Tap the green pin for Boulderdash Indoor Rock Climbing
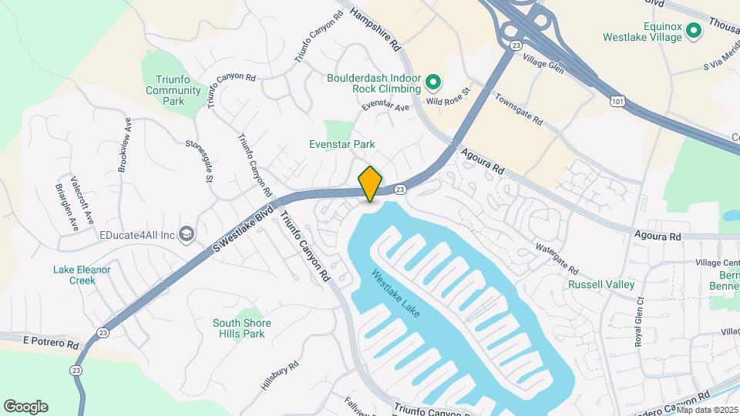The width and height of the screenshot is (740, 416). point(433,81)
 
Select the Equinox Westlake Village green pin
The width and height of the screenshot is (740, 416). point(693,31)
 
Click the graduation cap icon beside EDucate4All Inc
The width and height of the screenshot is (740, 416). point(186,233)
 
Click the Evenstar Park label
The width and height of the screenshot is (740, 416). point(341,144)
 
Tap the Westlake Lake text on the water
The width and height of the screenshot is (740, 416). point(395,294)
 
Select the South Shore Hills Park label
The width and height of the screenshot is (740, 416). point(239,328)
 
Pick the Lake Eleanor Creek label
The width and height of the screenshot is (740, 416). point(82,275)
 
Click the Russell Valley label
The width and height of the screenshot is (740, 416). point(601,284)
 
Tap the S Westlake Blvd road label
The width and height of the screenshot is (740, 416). point(244,225)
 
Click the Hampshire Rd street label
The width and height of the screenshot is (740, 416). point(376,29)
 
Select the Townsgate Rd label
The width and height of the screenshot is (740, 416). point(519,111)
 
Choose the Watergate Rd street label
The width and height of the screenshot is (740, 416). point(557,259)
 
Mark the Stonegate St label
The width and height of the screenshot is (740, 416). point(199,159)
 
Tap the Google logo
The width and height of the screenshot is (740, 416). point(25,406)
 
